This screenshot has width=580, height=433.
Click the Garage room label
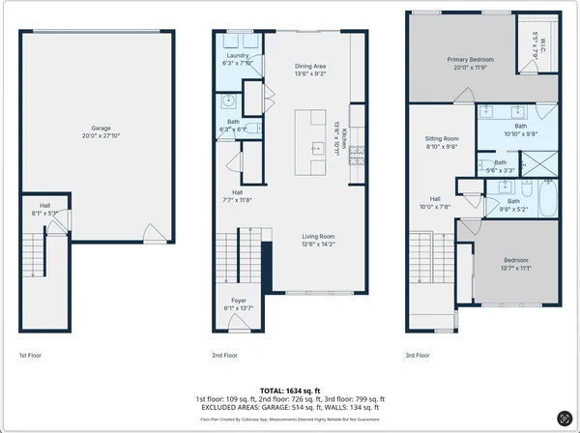coord(101,128)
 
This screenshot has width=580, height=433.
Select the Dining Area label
coord(310,66)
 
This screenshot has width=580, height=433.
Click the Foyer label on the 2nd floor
coord(238,301)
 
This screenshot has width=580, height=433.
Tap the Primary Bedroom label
coord(470,59)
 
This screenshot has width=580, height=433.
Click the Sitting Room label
coord(443,139)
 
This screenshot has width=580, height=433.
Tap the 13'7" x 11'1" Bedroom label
coord(514,260)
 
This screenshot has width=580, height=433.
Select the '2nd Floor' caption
coord(224,355)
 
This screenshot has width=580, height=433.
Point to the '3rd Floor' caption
coord(418,355)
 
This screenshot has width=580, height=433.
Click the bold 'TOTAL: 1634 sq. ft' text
coord(289,390)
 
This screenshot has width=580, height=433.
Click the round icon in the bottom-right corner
coord(564,418)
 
